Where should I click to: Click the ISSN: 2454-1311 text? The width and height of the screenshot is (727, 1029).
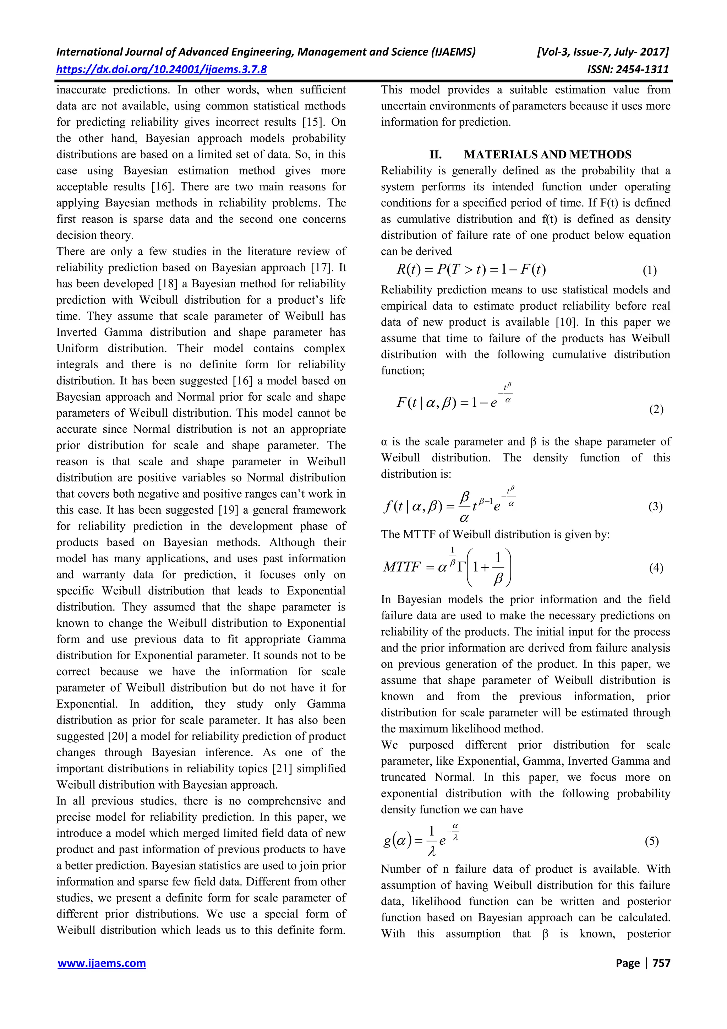pyautogui.click(x=628, y=70)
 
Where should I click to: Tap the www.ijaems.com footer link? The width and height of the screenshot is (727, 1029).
pyautogui.click(x=102, y=963)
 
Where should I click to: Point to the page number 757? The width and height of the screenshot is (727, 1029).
pyautogui.click(x=662, y=963)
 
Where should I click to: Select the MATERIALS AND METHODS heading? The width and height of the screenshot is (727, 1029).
pyautogui.click(x=547, y=155)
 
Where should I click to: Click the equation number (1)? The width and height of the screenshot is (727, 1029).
pyautogui.click(x=650, y=270)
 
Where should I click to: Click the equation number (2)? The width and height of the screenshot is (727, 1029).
pyautogui.click(x=656, y=409)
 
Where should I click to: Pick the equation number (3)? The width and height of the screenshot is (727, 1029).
pyautogui.click(x=655, y=507)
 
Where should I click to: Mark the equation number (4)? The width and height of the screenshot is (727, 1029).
pyautogui.click(x=656, y=568)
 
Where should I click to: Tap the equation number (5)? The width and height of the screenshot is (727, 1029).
pyautogui.click(x=652, y=841)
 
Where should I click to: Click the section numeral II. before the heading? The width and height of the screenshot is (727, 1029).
pyautogui.click(x=436, y=155)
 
